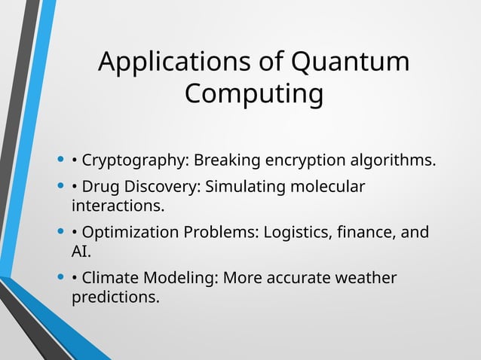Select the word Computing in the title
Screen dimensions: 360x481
(254, 95)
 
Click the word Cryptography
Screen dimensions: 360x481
(135, 161)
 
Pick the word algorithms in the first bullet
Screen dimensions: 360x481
(392, 161)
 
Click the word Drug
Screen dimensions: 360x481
(100, 186)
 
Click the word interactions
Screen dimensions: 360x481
(117, 205)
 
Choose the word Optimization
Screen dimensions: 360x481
(130, 232)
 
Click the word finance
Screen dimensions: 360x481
(365, 232)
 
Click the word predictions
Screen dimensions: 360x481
(115, 297)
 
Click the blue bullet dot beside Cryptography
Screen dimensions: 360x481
(60, 160)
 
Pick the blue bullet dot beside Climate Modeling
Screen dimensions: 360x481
(60, 278)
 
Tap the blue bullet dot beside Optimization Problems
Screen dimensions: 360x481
(60, 232)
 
